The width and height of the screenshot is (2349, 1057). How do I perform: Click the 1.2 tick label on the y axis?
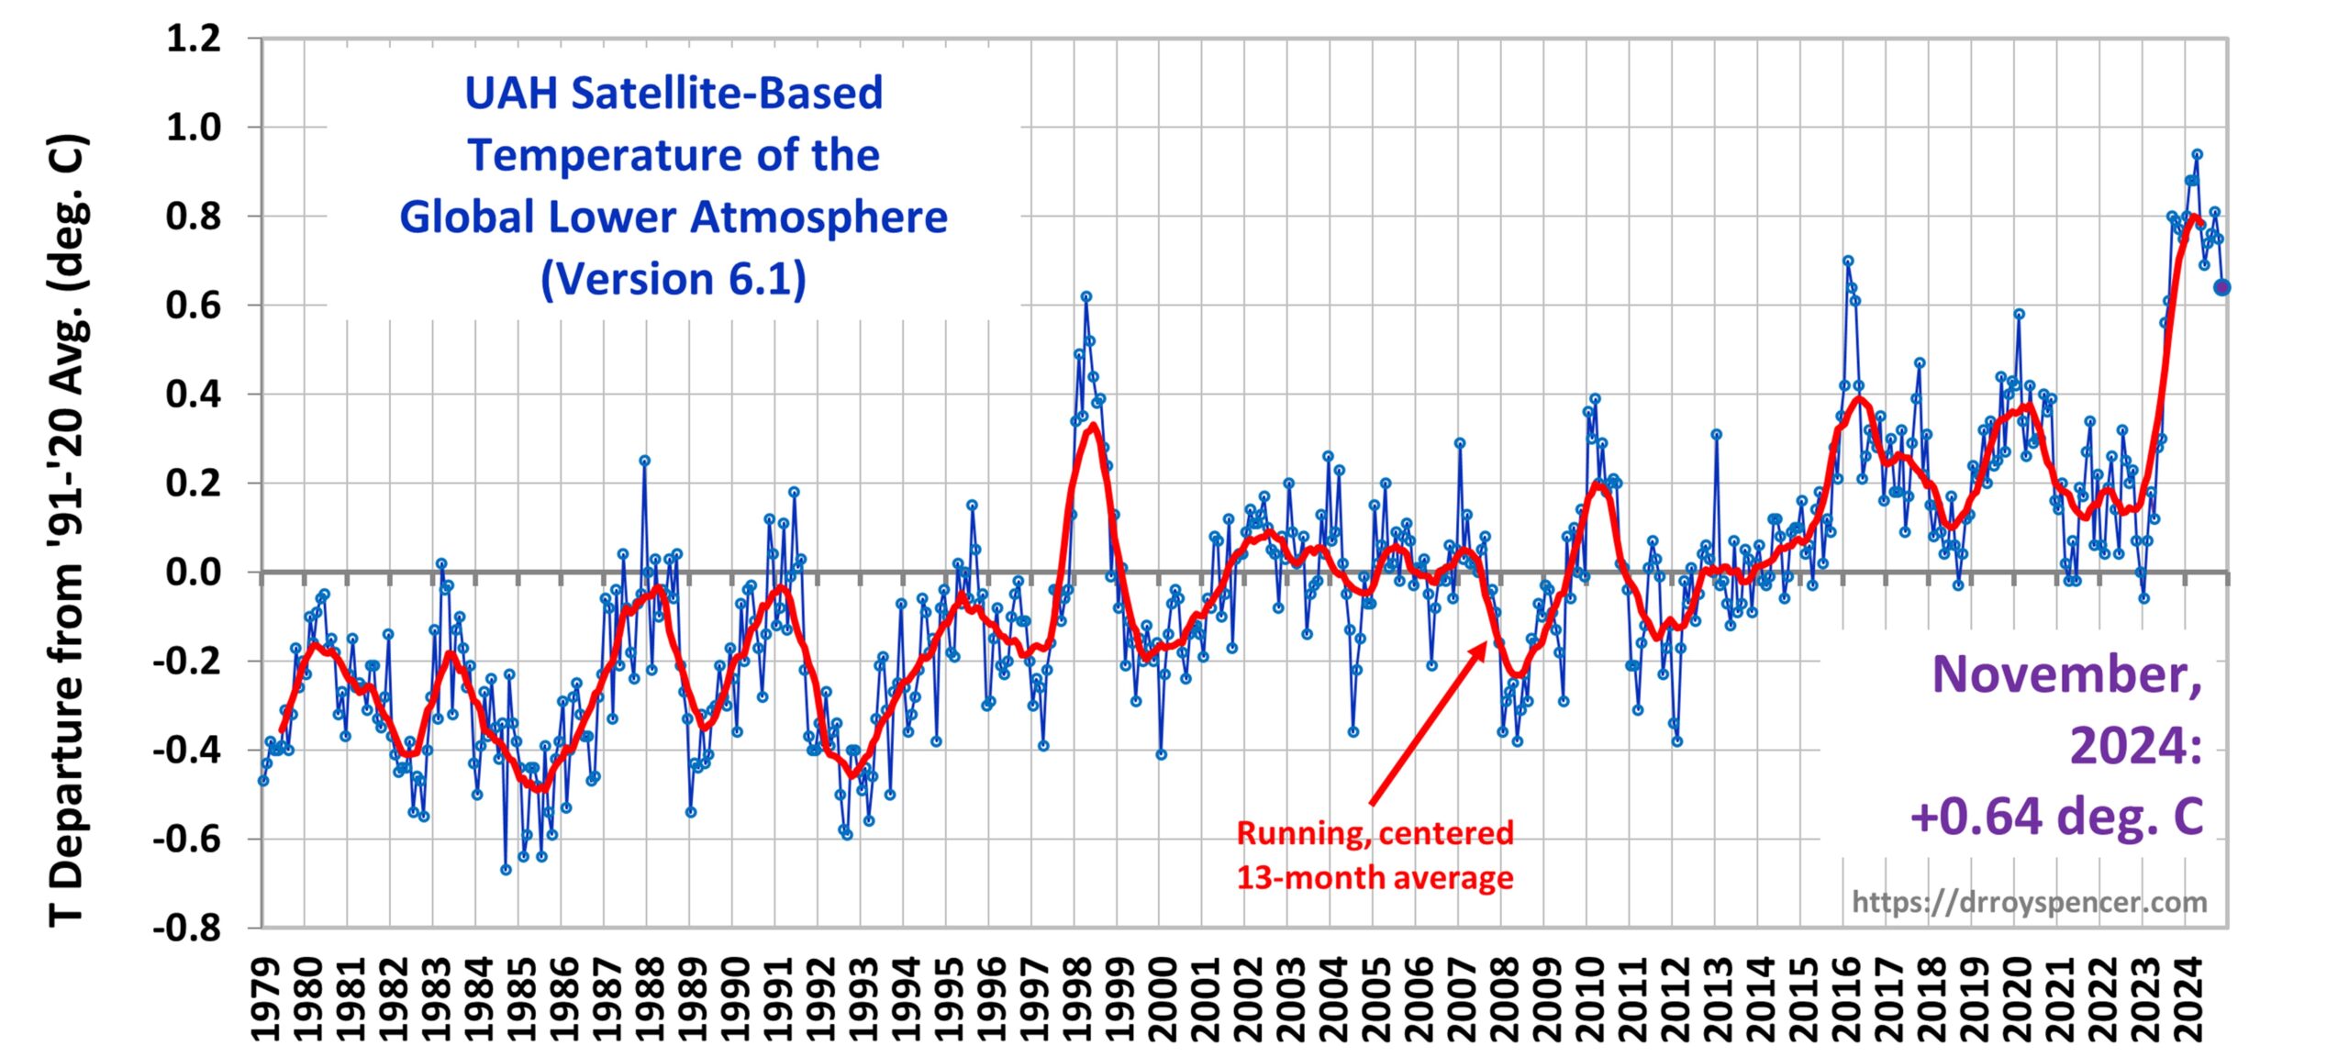click(x=194, y=39)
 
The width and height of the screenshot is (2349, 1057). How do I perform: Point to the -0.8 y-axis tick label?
click(x=187, y=928)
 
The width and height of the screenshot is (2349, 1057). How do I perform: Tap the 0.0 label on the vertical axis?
click(x=194, y=573)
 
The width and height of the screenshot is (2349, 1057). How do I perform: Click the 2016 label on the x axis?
click(x=1846, y=1000)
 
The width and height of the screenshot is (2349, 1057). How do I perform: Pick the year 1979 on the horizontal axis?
click(x=265, y=1000)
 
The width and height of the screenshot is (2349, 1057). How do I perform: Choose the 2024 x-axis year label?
click(x=2188, y=1000)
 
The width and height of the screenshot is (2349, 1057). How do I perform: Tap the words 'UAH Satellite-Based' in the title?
click(x=674, y=93)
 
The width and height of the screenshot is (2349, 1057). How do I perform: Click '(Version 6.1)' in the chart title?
click(x=674, y=279)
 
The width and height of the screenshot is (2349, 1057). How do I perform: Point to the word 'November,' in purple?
click(x=2066, y=674)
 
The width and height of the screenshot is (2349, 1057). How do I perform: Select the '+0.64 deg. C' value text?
click(x=2056, y=816)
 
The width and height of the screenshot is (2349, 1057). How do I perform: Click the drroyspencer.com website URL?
click(x=2029, y=902)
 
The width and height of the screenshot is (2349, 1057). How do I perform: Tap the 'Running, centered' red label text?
click(x=1375, y=833)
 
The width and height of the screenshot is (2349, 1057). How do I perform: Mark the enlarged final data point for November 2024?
click(x=2221, y=287)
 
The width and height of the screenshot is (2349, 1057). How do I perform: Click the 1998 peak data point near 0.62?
click(x=1085, y=296)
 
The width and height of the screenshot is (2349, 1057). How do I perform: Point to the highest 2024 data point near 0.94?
click(x=2197, y=154)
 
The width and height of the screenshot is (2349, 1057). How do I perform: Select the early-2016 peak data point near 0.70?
click(x=1848, y=261)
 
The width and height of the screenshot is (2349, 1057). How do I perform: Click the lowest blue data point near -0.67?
click(x=506, y=870)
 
